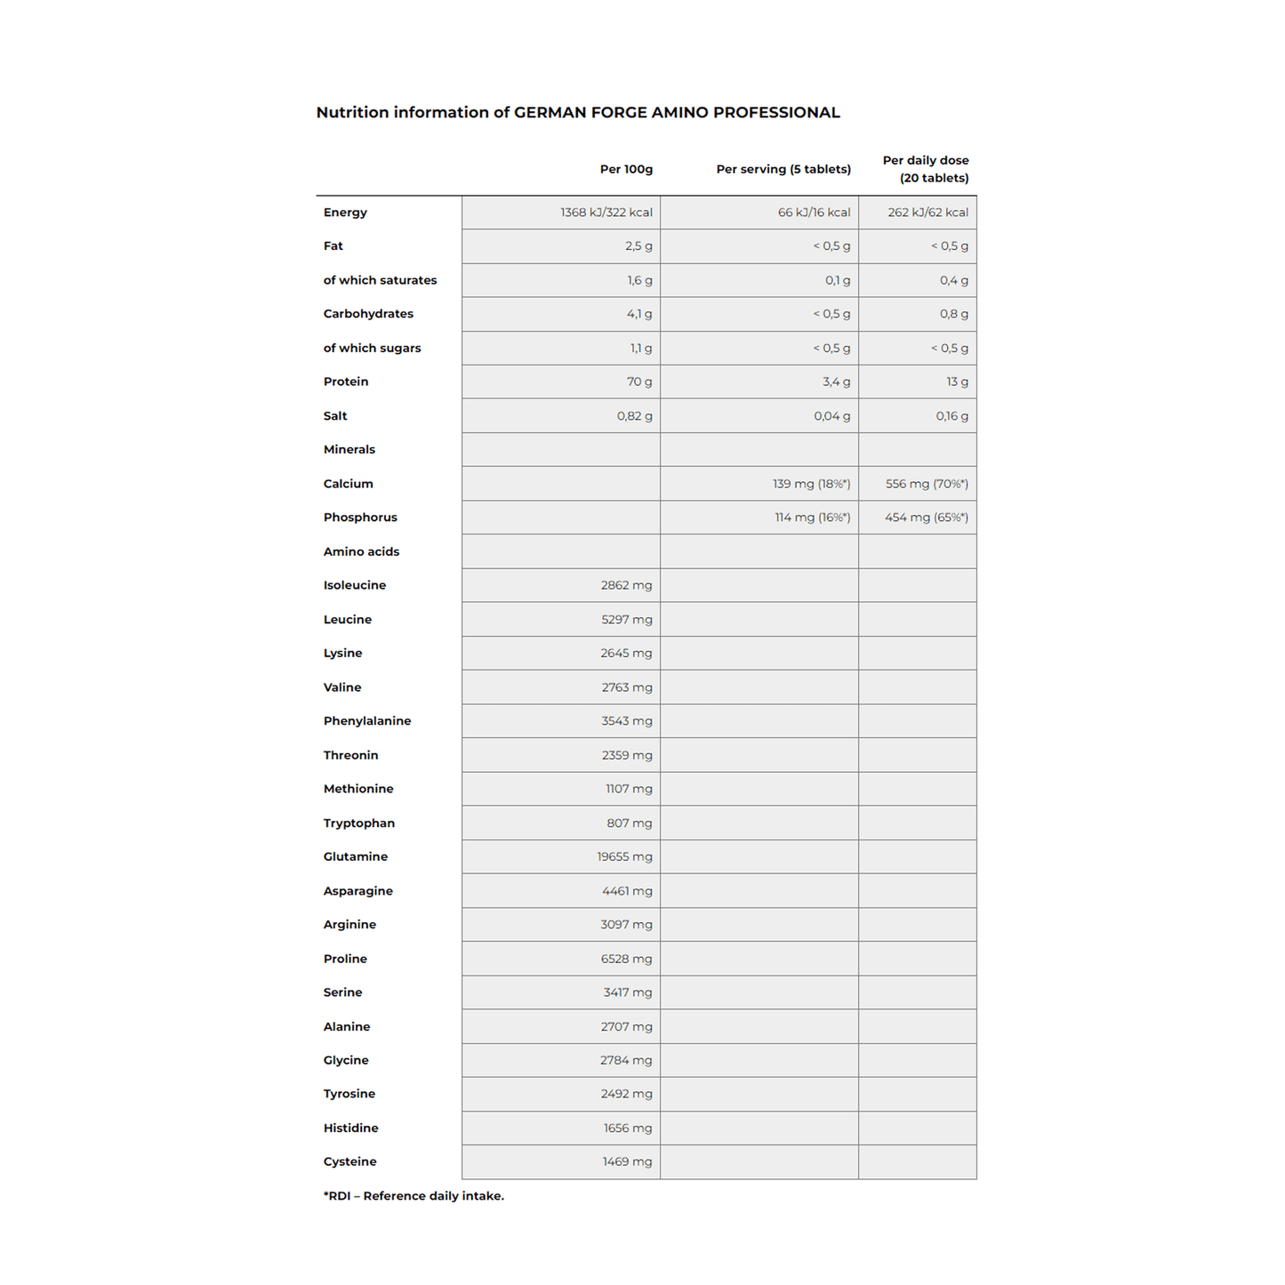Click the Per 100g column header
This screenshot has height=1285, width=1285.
(x=626, y=169)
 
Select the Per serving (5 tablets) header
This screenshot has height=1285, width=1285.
(x=783, y=169)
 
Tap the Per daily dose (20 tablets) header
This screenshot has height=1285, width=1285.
(x=926, y=169)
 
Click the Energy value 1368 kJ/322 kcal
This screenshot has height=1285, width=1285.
(x=606, y=213)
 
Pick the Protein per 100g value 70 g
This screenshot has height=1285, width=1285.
(x=638, y=381)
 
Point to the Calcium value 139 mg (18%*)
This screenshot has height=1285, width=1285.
(x=811, y=484)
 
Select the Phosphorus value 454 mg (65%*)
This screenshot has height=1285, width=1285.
(x=926, y=518)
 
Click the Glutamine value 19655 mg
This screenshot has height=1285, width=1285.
(x=624, y=856)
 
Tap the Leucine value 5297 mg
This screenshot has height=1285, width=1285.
(x=626, y=620)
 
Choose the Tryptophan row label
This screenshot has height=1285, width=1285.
(x=358, y=823)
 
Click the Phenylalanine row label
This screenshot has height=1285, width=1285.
(x=366, y=721)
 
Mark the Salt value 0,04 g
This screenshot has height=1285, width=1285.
(x=831, y=416)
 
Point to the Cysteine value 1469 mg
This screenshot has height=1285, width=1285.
(x=627, y=1161)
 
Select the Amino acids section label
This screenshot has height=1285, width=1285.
(x=361, y=551)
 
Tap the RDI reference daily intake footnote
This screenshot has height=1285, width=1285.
(x=414, y=1196)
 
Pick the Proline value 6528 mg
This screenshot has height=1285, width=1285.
(x=626, y=959)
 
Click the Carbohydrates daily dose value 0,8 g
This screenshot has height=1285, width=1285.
(x=953, y=314)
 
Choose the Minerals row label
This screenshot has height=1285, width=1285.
(x=349, y=450)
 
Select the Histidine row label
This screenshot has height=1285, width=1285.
(x=350, y=1128)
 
